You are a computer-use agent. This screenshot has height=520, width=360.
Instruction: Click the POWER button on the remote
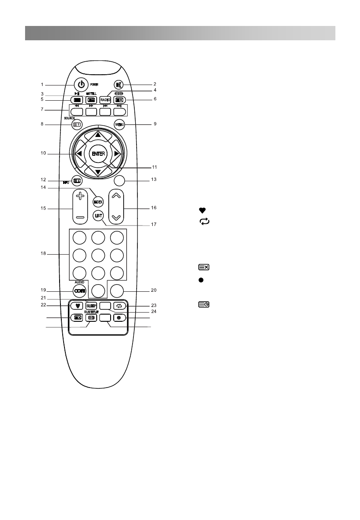coord(81,84)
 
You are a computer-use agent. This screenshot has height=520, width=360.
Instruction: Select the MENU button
coord(119,124)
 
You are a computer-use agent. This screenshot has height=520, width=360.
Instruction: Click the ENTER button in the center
coord(98,153)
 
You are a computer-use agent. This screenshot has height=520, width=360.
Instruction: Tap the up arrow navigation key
coord(98,135)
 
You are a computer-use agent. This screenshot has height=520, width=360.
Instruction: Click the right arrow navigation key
coord(117,153)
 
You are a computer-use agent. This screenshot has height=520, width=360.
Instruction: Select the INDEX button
coord(98,202)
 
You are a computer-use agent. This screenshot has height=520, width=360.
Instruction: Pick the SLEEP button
coord(91,306)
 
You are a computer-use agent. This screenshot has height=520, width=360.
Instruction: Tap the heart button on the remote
coord(75,307)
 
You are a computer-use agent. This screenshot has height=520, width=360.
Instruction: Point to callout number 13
coord(154,180)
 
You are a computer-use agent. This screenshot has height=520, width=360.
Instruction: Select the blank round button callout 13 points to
coord(119,180)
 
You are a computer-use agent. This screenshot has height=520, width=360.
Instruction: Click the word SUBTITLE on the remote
coord(91,311)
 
